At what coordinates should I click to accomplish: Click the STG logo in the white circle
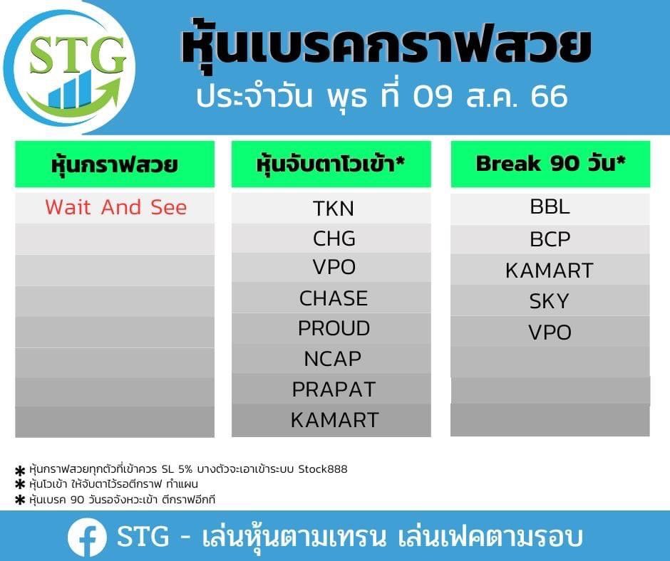pyautogui.click(x=71, y=69)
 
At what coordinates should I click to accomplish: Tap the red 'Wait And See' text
pyautogui.click(x=115, y=207)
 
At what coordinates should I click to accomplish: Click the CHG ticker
pyautogui.click(x=334, y=238)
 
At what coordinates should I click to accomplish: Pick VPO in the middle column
pyautogui.click(x=334, y=267)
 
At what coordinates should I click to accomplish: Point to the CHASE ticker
pyautogui.click(x=334, y=298)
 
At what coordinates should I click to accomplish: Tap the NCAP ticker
pyautogui.click(x=332, y=359)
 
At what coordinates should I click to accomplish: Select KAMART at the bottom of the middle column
pyautogui.click(x=334, y=420)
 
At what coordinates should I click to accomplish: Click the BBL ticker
pyautogui.click(x=550, y=206)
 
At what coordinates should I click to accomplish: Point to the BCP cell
pyautogui.click(x=550, y=239)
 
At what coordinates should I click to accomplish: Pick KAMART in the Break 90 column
pyautogui.click(x=550, y=271)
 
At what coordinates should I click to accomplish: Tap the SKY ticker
pyautogui.click(x=549, y=301)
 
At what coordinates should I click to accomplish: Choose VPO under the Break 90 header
pyautogui.click(x=550, y=332)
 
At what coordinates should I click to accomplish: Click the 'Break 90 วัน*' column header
pyautogui.click(x=550, y=164)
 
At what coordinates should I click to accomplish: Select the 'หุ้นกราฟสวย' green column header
pyautogui.click(x=115, y=164)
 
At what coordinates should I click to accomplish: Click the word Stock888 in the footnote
pyautogui.click(x=323, y=469)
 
